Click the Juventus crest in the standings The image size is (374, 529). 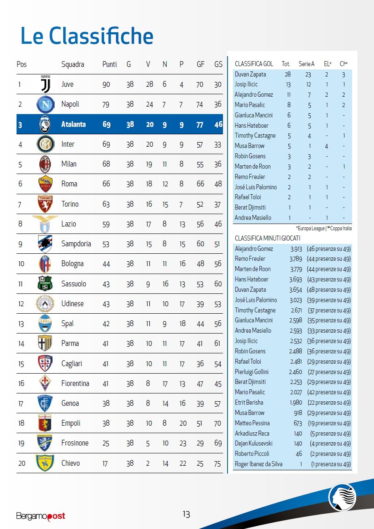45,85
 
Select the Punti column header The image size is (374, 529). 110,64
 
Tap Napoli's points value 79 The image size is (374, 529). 106,104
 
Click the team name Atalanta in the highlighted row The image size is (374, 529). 73,124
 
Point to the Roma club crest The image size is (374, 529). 45,184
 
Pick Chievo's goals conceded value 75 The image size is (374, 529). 218,463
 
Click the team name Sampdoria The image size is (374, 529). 76,243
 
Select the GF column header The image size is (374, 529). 201,64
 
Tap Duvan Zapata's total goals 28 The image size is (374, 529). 288,74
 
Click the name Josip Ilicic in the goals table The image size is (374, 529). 246,85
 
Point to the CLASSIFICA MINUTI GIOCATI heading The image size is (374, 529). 268,238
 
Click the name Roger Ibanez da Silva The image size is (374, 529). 259,464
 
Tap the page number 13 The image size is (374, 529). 186,514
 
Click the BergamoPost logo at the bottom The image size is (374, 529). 41,516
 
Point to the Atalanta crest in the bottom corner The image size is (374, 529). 342,496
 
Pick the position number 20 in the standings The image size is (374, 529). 22,463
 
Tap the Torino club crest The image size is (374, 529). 45,204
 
